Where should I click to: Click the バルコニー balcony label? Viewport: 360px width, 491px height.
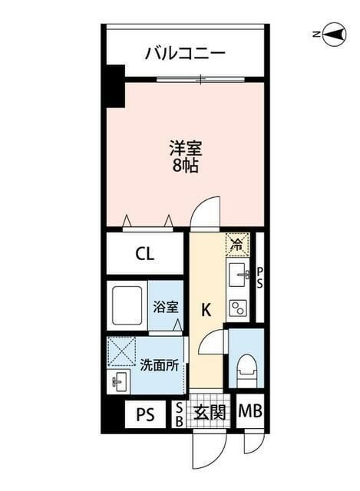click(x=185, y=54)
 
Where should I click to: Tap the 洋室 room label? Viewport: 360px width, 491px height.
click(x=185, y=147)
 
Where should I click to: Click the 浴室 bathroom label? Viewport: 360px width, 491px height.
click(x=165, y=307)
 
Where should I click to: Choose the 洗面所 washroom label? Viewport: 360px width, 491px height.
click(x=159, y=366)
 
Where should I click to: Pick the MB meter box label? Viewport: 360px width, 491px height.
click(x=250, y=413)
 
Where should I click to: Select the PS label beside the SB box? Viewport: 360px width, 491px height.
click(x=145, y=415)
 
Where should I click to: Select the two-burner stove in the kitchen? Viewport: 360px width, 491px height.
click(x=239, y=306)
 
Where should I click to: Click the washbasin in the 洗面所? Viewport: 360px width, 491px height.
click(x=119, y=381)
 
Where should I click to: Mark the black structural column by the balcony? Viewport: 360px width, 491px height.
click(x=114, y=86)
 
